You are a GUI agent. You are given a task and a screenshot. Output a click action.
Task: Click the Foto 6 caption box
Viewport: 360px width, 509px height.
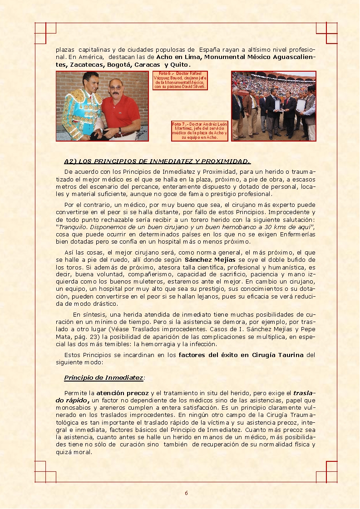click(180, 80)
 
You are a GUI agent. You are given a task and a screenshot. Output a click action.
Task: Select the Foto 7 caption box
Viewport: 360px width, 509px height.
click(200, 131)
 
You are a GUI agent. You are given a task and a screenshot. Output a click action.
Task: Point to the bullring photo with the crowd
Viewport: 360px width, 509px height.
click(273, 106)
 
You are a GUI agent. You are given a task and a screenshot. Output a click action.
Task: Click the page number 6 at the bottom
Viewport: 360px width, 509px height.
click(186, 494)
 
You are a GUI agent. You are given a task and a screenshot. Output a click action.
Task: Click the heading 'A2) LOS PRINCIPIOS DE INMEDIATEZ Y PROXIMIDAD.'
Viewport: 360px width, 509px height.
click(157, 161)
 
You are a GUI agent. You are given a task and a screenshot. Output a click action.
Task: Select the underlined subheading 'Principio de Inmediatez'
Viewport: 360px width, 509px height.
click(104, 377)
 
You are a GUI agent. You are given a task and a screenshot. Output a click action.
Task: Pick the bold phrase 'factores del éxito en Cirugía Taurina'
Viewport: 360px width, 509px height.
click(241, 355)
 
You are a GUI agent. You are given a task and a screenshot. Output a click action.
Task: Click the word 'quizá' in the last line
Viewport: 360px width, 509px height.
click(64, 452)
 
